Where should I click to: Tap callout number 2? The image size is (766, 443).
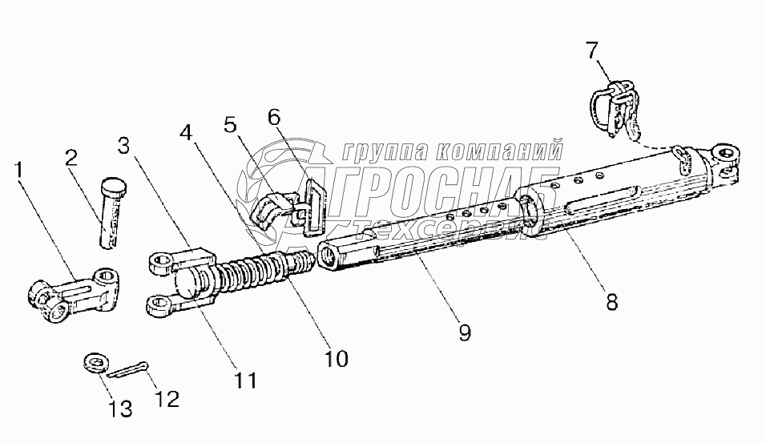click(x=71, y=158)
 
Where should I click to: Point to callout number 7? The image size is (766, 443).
click(x=591, y=50)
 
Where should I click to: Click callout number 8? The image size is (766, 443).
click(x=611, y=302)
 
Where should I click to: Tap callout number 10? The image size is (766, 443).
click(x=337, y=359)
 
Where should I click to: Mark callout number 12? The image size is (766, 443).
click(x=168, y=397)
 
